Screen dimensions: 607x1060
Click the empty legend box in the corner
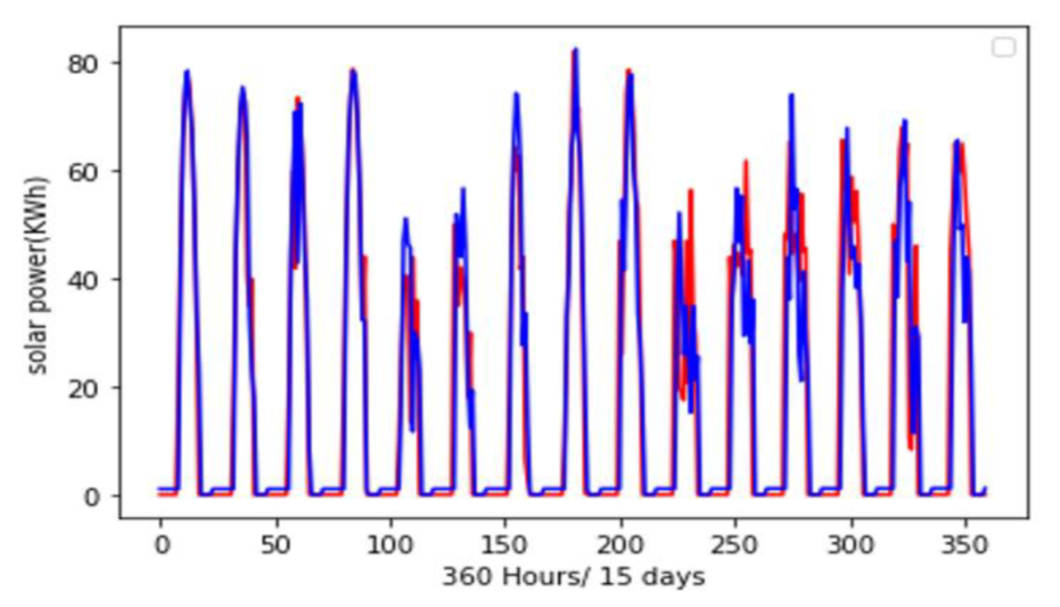[x=1004, y=48]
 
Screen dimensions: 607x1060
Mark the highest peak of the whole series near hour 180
[x=575, y=49]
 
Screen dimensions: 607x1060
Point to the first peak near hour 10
[x=187, y=71]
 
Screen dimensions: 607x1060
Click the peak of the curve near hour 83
[x=353, y=70]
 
